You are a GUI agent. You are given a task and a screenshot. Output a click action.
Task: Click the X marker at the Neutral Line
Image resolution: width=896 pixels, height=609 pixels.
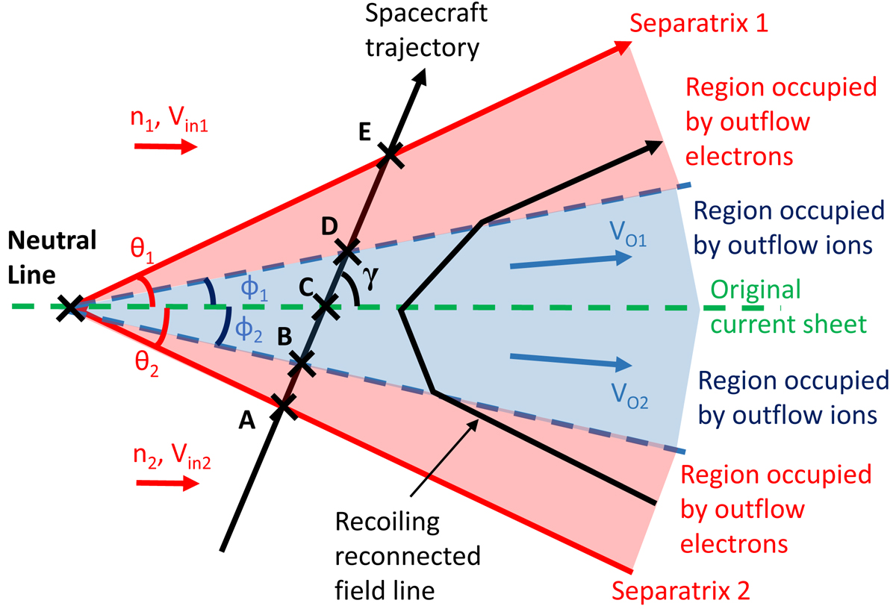click(71, 307)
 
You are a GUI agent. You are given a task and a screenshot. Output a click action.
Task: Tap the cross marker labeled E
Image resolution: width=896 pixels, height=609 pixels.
click(389, 155)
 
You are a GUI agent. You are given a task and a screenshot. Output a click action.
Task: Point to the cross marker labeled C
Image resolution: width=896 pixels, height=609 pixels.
click(325, 305)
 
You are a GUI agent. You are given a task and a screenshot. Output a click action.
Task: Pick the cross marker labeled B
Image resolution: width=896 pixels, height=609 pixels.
click(302, 363)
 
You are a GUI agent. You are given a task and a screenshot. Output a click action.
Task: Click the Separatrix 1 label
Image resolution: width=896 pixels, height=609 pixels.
click(699, 23)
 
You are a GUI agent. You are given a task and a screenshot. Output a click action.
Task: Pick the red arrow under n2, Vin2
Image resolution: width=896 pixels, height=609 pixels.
click(167, 484)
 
